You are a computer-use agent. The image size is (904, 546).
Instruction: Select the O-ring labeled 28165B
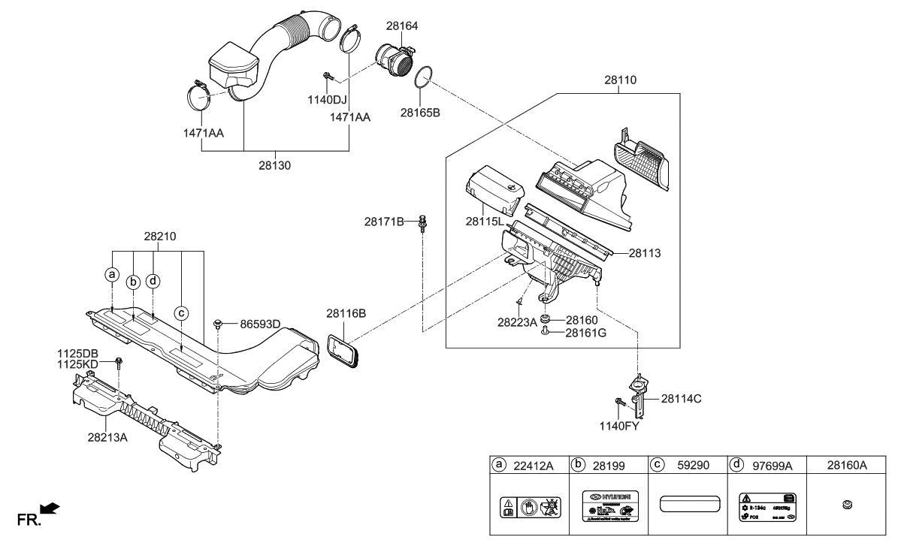[x=425, y=77]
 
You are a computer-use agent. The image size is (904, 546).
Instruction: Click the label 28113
[x=645, y=254]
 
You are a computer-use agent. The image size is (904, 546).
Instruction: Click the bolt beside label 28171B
[x=422, y=221]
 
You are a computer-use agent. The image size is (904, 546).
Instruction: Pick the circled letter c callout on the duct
[x=180, y=312]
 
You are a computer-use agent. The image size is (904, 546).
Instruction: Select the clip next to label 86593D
[x=218, y=324]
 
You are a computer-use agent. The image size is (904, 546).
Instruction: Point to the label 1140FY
[x=619, y=426]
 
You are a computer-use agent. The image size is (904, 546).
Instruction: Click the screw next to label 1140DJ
[x=329, y=75]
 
